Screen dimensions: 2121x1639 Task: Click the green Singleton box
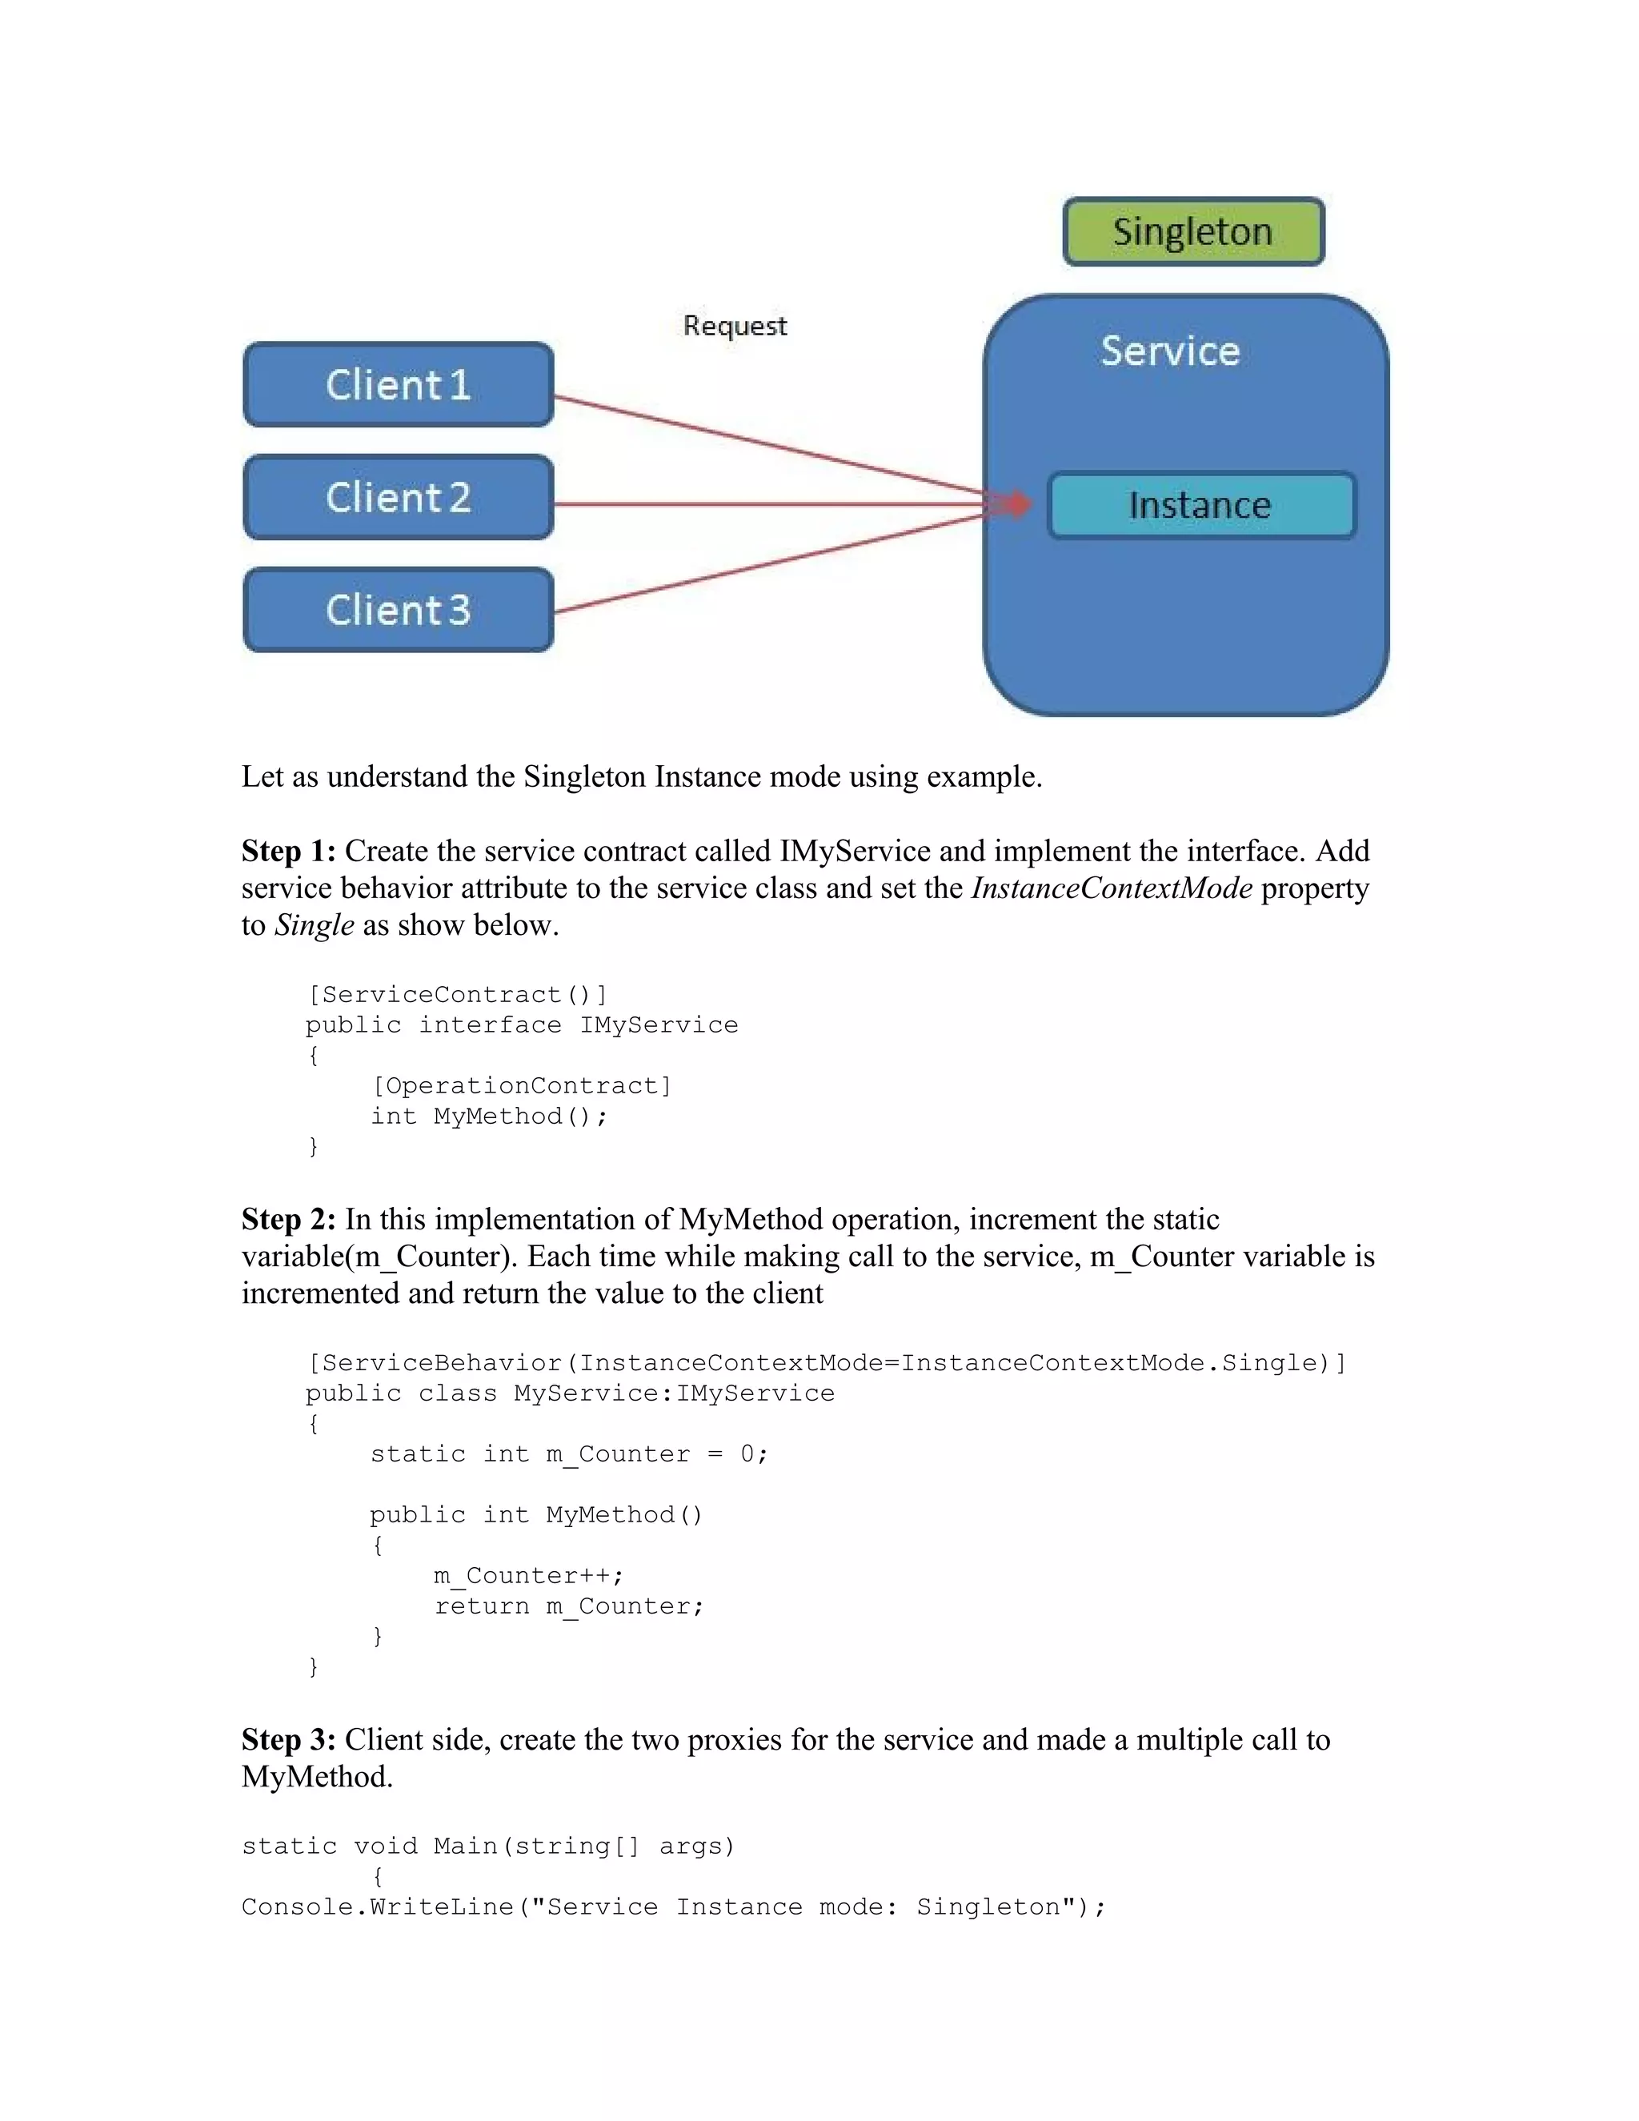tap(1193, 232)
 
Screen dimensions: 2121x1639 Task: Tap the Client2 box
tap(398, 497)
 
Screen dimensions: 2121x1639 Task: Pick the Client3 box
tap(398, 610)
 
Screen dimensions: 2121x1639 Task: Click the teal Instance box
tap(1201, 505)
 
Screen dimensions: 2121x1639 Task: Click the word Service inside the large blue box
tap(1170, 351)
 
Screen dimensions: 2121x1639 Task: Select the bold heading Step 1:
tap(288, 851)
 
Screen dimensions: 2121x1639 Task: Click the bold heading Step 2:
tap(288, 1219)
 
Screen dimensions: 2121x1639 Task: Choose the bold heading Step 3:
tap(288, 1739)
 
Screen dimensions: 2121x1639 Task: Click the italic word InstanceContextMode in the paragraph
tap(1111, 888)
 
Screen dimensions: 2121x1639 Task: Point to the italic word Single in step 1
tap(314, 924)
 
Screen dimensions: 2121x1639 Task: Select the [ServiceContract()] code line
tap(457, 994)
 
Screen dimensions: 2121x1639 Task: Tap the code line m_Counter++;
tap(528, 1575)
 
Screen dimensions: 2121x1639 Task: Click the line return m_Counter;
tap(569, 1606)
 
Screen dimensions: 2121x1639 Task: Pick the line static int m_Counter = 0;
tap(569, 1453)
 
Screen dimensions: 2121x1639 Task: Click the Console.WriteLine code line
tap(673, 1906)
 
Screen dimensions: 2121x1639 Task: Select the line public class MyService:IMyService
tap(570, 1393)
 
